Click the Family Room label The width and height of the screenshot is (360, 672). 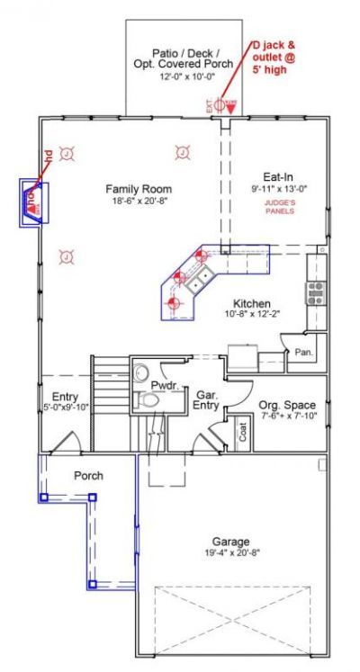(138, 189)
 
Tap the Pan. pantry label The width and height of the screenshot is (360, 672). (303, 352)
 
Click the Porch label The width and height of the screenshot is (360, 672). (87, 475)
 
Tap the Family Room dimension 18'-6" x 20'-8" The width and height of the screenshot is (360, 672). (138, 202)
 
